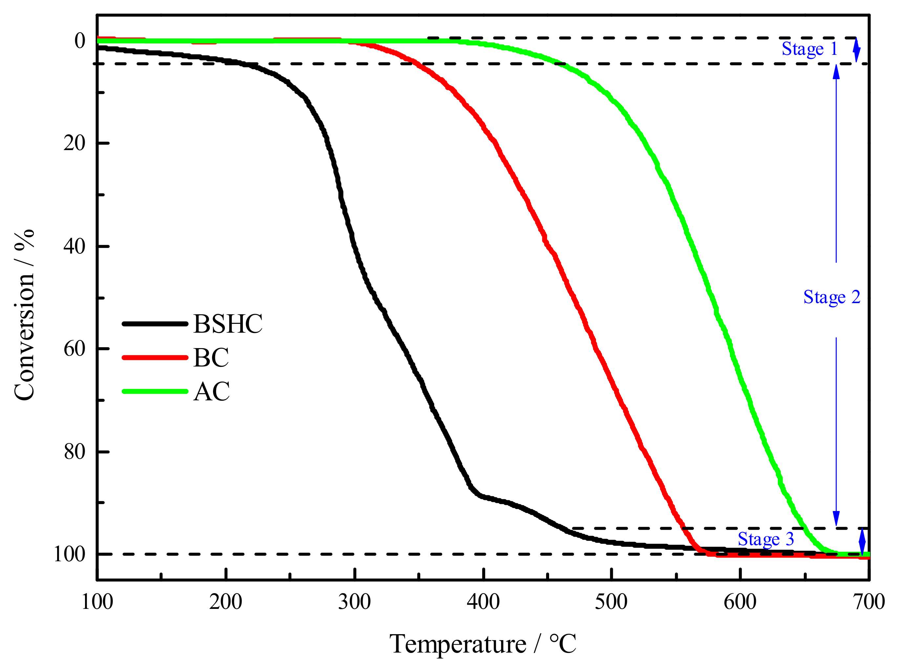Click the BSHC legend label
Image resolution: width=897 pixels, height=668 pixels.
pyautogui.click(x=228, y=324)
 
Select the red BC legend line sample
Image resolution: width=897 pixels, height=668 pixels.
pyautogui.click(x=155, y=357)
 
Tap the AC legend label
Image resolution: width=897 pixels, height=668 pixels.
pyautogui.click(x=211, y=391)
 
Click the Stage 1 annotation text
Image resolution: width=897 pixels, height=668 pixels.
pyautogui.click(x=809, y=49)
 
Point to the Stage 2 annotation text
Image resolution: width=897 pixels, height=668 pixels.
pyautogui.click(x=832, y=297)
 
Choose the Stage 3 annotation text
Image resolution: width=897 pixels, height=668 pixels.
pyautogui.click(x=766, y=539)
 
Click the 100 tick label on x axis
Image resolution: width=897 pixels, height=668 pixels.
pyautogui.click(x=97, y=602)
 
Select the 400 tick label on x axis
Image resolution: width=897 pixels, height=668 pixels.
pyautogui.click(x=483, y=602)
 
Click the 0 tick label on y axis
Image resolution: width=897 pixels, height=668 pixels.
pyautogui.click(x=80, y=41)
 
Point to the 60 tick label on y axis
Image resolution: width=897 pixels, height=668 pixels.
pyautogui.click(x=75, y=348)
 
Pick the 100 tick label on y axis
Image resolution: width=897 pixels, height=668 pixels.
pyautogui.click(x=70, y=554)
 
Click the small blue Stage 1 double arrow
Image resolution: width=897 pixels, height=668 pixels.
pyautogui.click(x=856, y=50)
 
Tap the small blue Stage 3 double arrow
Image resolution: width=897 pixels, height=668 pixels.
pyautogui.click(x=862, y=541)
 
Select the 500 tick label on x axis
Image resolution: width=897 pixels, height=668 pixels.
pyautogui.click(x=611, y=602)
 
